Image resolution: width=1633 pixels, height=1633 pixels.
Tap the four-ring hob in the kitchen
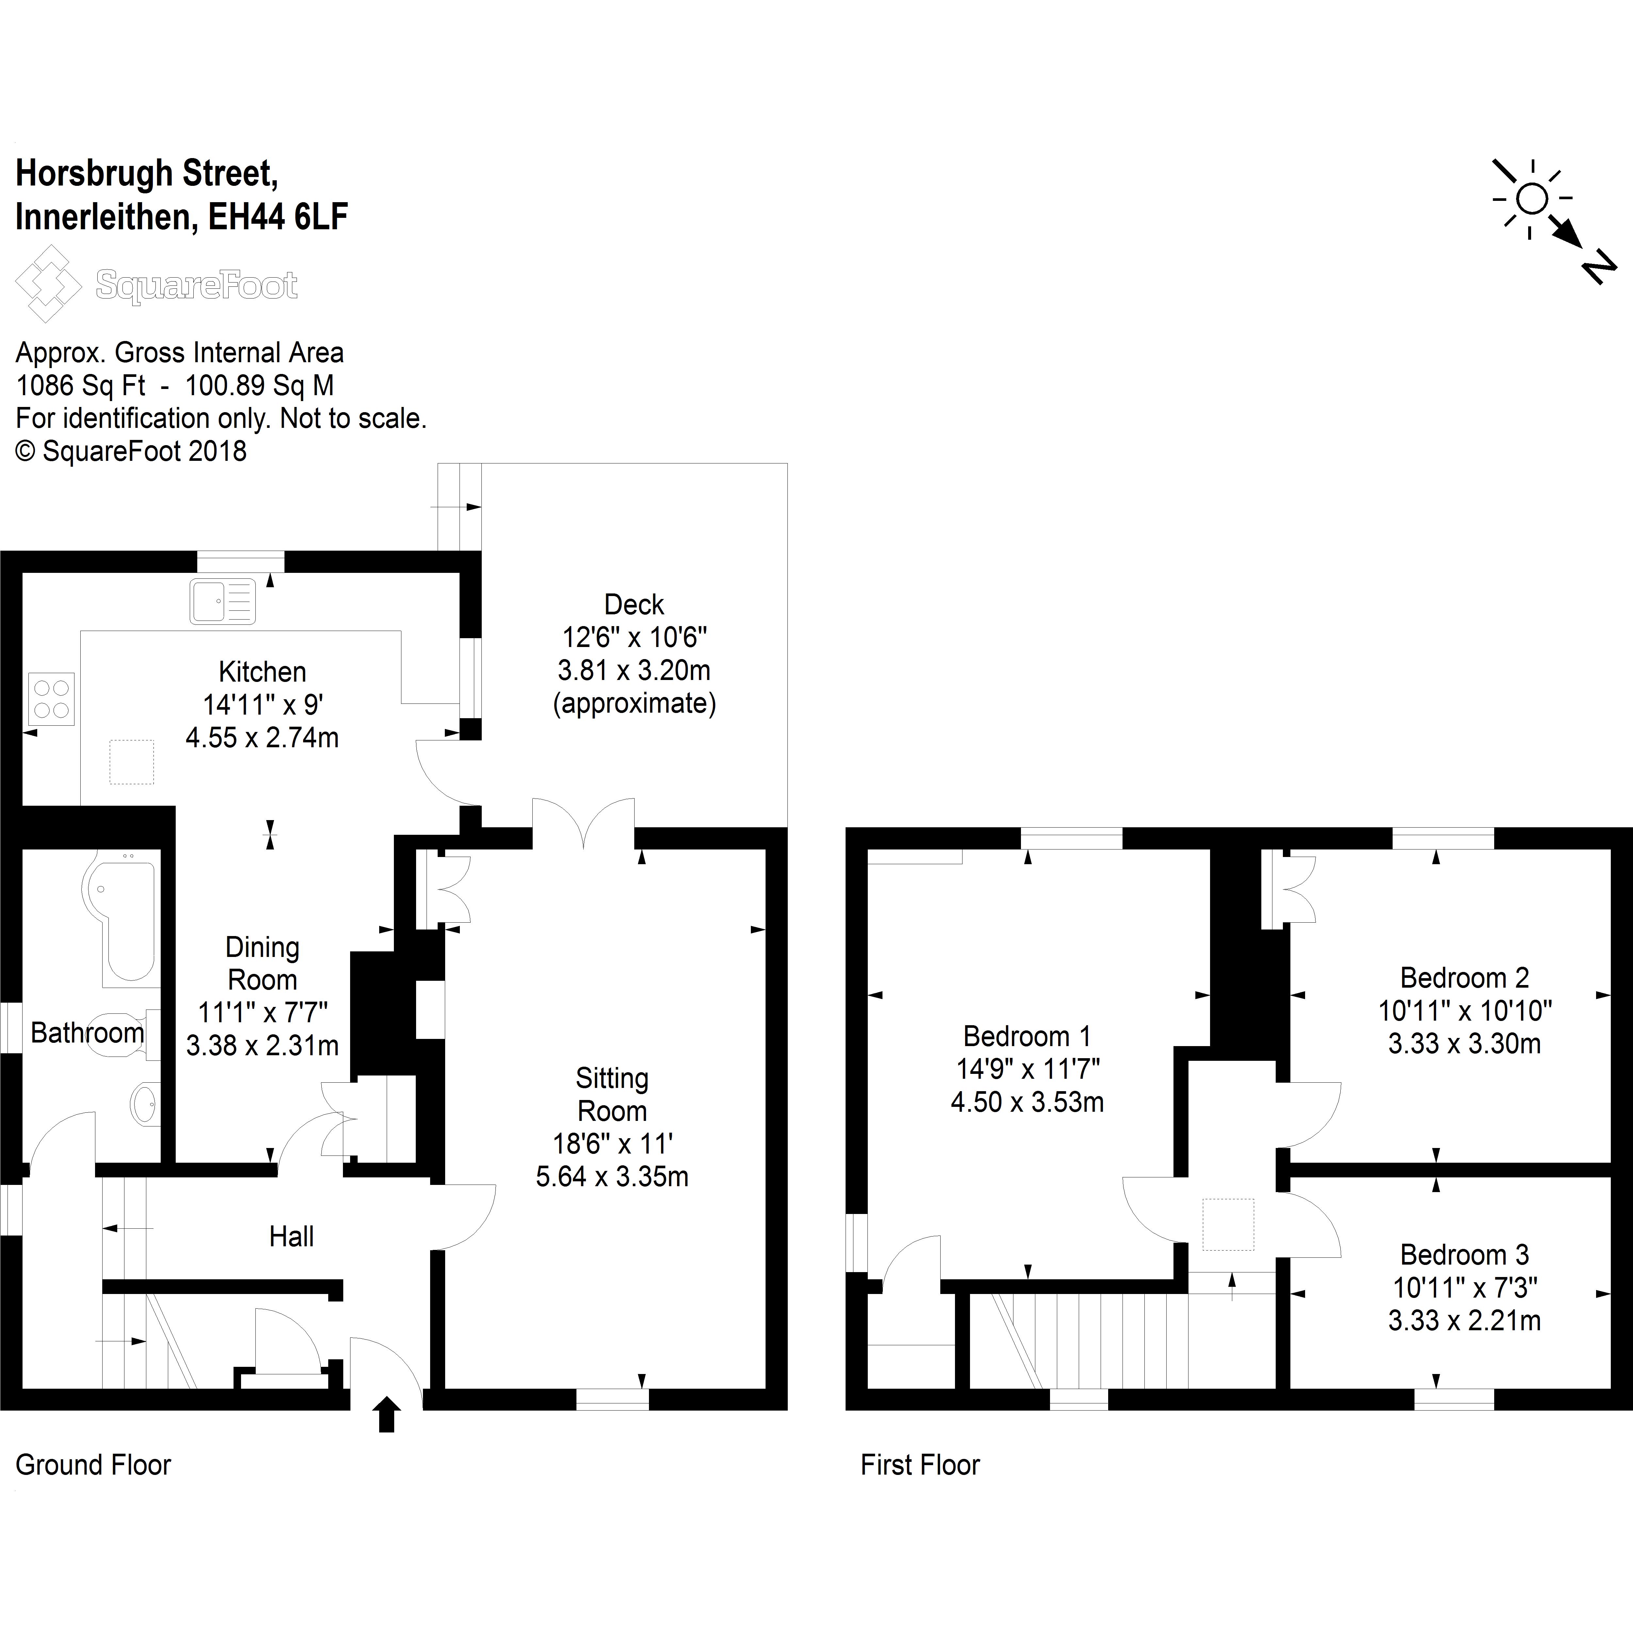pyautogui.click(x=52, y=699)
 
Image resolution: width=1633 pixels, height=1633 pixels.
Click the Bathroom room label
pyautogui.click(x=87, y=1033)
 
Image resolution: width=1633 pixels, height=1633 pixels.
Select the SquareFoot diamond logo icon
pyautogui.click(x=48, y=284)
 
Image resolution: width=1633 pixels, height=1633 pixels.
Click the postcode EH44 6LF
pyautogui.click(x=278, y=217)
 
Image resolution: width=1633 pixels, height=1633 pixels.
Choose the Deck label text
pyautogui.click(x=634, y=604)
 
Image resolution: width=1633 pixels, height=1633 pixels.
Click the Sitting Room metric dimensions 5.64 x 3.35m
pyautogui.click(x=612, y=1176)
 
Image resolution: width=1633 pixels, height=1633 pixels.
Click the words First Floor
pyautogui.click(x=920, y=1465)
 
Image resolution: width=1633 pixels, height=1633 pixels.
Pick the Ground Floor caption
pyautogui.click(x=93, y=1465)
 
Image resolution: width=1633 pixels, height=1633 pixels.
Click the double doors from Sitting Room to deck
pyautogui.click(x=583, y=824)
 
